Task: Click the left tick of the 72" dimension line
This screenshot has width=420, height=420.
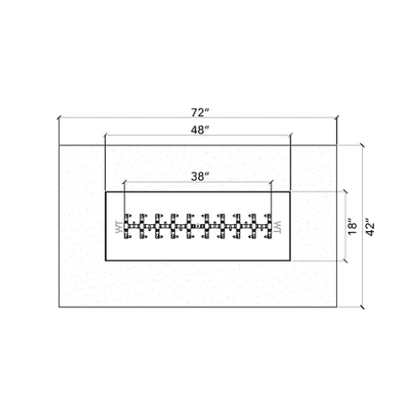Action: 58,120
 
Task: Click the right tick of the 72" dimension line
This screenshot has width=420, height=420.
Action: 339,120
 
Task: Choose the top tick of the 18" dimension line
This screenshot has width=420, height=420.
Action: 345,192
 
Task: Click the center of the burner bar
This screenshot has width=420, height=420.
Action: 198,227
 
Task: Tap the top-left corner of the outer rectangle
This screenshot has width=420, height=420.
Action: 58,145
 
